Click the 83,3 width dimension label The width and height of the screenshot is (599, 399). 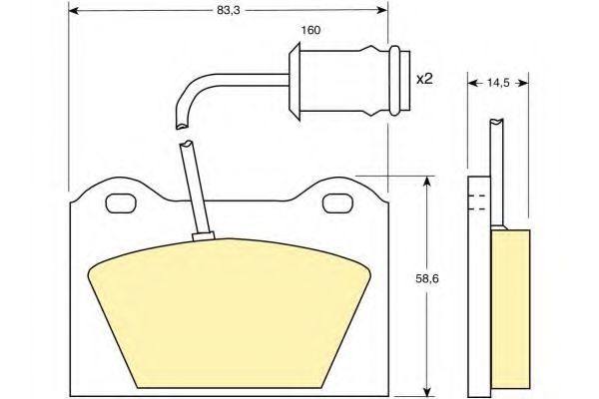[x=229, y=10]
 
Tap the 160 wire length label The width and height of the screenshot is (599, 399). [x=310, y=30]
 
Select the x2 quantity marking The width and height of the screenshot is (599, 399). [x=424, y=79]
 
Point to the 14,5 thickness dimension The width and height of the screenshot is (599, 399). [x=498, y=83]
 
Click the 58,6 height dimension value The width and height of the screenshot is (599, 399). [x=427, y=278]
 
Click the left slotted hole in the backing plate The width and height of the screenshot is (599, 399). [x=121, y=203]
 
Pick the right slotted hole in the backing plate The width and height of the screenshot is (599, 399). [x=338, y=203]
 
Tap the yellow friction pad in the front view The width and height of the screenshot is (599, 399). [x=230, y=309]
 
